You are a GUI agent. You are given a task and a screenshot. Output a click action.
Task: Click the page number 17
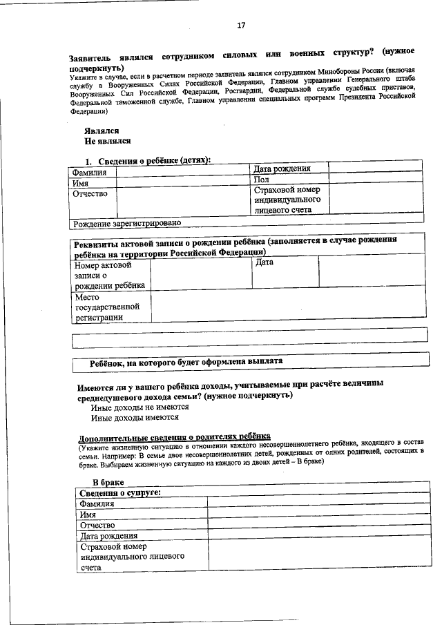(241, 26)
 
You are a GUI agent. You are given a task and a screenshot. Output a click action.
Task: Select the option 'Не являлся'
(108, 141)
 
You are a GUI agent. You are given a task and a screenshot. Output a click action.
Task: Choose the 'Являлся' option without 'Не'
(102, 131)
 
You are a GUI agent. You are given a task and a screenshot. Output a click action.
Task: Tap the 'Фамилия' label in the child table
(90, 173)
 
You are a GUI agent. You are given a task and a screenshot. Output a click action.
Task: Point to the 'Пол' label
(261, 179)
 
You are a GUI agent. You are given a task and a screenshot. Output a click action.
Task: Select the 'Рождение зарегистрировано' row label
(127, 223)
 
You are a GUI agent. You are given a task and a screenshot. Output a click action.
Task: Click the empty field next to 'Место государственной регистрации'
(288, 307)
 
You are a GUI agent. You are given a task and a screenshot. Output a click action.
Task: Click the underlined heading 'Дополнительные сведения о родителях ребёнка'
(174, 438)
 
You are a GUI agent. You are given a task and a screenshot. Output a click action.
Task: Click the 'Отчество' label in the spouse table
(97, 526)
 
